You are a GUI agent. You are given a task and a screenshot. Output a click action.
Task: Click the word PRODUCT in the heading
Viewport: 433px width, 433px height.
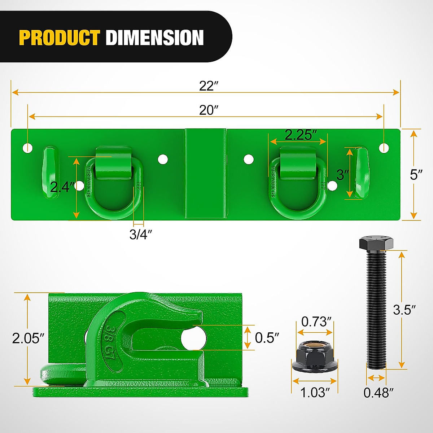pos(59,38)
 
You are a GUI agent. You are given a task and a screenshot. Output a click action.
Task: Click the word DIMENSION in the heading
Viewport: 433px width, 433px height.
pos(155,38)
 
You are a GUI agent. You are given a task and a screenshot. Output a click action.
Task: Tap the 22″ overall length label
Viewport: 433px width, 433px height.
pos(209,86)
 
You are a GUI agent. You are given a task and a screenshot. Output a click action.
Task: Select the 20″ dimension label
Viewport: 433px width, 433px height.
pos(209,110)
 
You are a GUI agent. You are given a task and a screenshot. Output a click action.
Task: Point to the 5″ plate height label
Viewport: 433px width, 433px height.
pos(416,175)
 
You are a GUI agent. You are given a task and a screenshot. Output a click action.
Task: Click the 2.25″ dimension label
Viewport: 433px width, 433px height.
pos(301,135)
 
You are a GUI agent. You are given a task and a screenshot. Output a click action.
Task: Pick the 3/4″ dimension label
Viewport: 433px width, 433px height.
pos(140,234)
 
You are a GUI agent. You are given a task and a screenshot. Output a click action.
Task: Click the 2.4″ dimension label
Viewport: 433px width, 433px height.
pos(62,187)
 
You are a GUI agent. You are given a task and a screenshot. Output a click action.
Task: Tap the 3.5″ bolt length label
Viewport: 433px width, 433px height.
pos(404,310)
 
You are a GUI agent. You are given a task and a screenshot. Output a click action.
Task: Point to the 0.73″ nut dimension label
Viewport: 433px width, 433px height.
pos(316,322)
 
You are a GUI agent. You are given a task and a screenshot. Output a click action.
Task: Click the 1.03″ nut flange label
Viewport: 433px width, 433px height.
pos(315,393)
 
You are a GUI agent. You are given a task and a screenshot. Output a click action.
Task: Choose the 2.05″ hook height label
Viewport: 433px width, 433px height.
pos(28,338)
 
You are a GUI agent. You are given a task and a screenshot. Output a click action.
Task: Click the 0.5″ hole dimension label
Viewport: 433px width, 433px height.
pos(267,338)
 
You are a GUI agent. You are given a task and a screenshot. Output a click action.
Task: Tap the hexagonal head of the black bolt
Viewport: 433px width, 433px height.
pos(376,243)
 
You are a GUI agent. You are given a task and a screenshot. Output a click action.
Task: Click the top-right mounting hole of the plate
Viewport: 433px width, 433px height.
pos(384,147)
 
